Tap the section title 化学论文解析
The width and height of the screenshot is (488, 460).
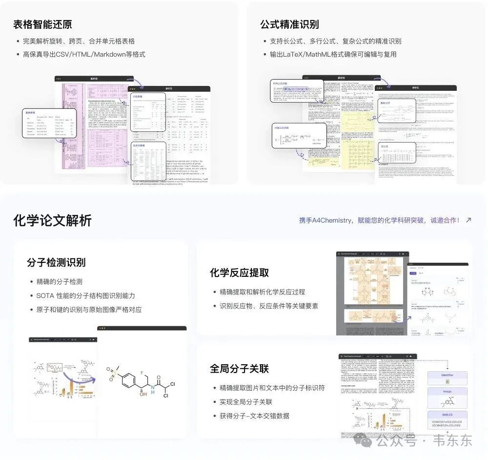[52, 221]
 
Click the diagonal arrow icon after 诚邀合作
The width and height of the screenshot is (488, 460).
[469, 220]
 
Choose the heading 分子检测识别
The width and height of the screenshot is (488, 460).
[56, 262]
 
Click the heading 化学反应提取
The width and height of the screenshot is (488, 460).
[240, 272]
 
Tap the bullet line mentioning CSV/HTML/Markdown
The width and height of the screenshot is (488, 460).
[84, 54]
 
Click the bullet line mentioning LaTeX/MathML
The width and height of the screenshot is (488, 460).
[333, 54]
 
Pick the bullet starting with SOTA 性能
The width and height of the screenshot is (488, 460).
[86, 295]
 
